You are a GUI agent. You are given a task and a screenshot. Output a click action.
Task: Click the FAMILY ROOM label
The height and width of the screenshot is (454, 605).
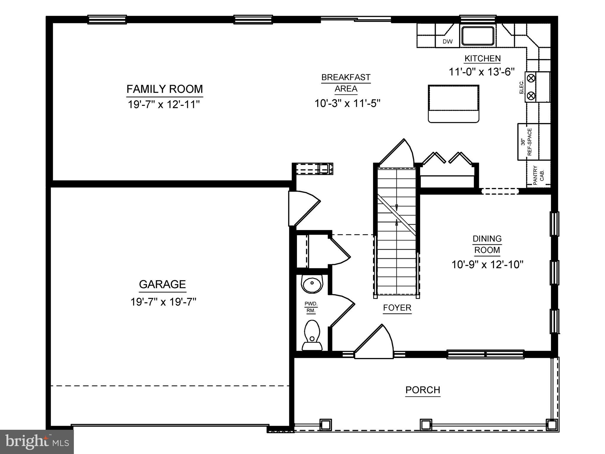coord(165,89)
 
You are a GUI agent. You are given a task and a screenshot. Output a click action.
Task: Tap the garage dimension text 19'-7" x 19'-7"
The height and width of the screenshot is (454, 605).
coord(163,302)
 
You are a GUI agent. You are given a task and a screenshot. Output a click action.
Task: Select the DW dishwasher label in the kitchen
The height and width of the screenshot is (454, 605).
coord(447,42)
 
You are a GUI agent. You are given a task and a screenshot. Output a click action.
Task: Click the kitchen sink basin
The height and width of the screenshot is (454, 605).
coord(478,36)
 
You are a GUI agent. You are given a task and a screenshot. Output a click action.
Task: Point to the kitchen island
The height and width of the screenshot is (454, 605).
coord(453,103)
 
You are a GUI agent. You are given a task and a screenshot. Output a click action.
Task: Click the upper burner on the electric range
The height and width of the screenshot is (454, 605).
coord(531,78)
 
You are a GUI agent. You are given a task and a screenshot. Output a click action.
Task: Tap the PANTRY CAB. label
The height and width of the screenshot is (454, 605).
coord(539,176)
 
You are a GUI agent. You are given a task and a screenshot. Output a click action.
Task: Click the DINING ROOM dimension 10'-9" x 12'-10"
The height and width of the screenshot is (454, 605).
coord(487,265)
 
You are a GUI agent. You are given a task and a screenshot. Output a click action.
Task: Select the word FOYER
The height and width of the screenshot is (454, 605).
coord(397,308)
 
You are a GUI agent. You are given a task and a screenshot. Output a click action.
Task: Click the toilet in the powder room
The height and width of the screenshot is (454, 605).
coord(312,336)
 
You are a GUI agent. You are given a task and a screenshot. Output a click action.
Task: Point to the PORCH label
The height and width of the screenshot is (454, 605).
coord(423,390)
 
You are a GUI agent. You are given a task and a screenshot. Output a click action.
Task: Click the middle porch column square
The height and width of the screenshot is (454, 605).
coord(426,425)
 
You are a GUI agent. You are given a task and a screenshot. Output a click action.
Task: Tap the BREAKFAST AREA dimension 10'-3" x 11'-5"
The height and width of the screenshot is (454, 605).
coord(347,103)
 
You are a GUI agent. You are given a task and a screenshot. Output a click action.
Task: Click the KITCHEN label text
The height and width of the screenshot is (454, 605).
coord(482,59)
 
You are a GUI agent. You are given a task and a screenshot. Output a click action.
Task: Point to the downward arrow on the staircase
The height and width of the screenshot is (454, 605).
coord(396,208)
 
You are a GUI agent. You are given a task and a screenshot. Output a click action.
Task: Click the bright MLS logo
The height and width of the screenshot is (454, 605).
coord(37,442)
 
